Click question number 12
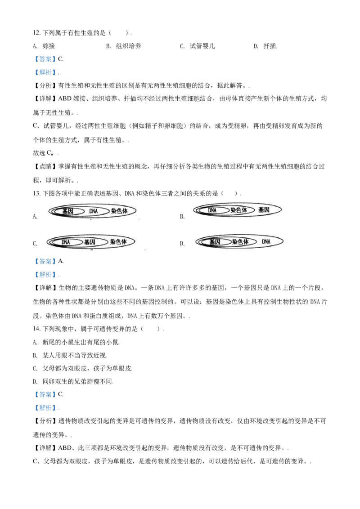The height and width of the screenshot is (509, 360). (x=37, y=33)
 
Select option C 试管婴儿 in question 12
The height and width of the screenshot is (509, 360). (x=197, y=46)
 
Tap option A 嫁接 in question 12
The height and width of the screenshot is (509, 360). (x=44, y=46)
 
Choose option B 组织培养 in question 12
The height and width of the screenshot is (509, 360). (x=124, y=46)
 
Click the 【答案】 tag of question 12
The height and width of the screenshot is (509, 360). (x=45, y=59)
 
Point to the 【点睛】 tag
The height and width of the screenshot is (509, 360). (x=45, y=166)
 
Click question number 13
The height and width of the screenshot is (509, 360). (x=37, y=193)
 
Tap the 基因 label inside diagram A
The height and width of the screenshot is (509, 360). (x=68, y=211)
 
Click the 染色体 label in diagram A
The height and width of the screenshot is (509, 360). (x=119, y=211)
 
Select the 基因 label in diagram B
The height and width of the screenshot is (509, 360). (x=264, y=210)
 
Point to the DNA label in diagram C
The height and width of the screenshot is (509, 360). (x=66, y=242)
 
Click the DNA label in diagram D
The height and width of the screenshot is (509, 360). (x=266, y=241)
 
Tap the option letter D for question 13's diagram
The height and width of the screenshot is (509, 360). (x=182, y=243)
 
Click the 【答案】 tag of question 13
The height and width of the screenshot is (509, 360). (x=45, y=261)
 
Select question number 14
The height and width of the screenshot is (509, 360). (x=37, y=329)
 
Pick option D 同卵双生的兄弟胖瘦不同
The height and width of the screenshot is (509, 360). (x=73, y=381)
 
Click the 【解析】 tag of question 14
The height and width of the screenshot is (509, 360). (x=45, y=408)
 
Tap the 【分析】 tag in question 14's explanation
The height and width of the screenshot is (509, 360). (x=45, y=421)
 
